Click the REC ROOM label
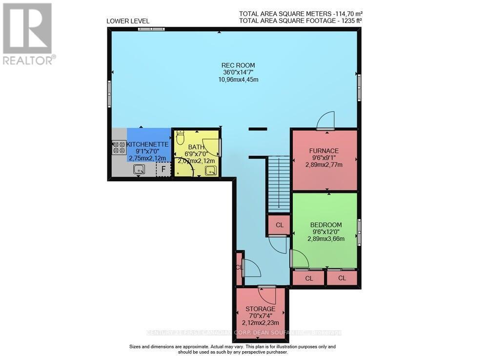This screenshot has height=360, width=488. (x=238, y=65)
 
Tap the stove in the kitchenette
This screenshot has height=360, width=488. (x=119, y=147)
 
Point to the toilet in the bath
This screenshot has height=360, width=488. (x=179, y=138)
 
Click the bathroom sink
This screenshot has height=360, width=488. (x=211, y=170)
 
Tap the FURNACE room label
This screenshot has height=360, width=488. (x=325, y=150)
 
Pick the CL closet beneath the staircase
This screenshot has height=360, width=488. (x=279, y=225)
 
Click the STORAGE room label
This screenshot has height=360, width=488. (x=260, y=309)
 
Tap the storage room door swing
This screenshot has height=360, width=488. (x=267, y=295)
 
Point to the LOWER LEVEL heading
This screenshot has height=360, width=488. (x=128, y=21)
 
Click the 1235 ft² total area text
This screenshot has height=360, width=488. (x=301, y=21)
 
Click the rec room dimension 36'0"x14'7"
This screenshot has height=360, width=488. (x=238, y=72)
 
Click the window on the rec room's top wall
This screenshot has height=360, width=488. (x=151, y=29)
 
